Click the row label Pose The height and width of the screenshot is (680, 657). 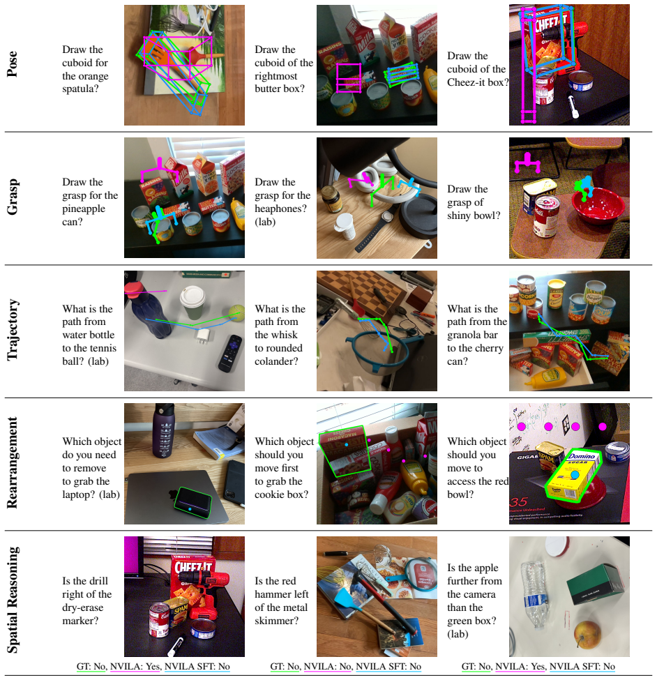click(x=12, y=64)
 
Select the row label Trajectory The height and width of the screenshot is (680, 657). click(x=12, y=330)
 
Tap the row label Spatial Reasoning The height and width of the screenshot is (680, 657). click(x=12, y=600)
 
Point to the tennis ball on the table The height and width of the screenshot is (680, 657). click(x=236, y=312)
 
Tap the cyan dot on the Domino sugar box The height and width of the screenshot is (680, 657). click(x=575, y=476)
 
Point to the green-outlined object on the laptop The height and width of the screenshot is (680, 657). click(x=193, y=503)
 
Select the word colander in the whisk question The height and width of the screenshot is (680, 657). click(x=276, y=361)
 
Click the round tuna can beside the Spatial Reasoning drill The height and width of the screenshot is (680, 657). click(x=203, y=628)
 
